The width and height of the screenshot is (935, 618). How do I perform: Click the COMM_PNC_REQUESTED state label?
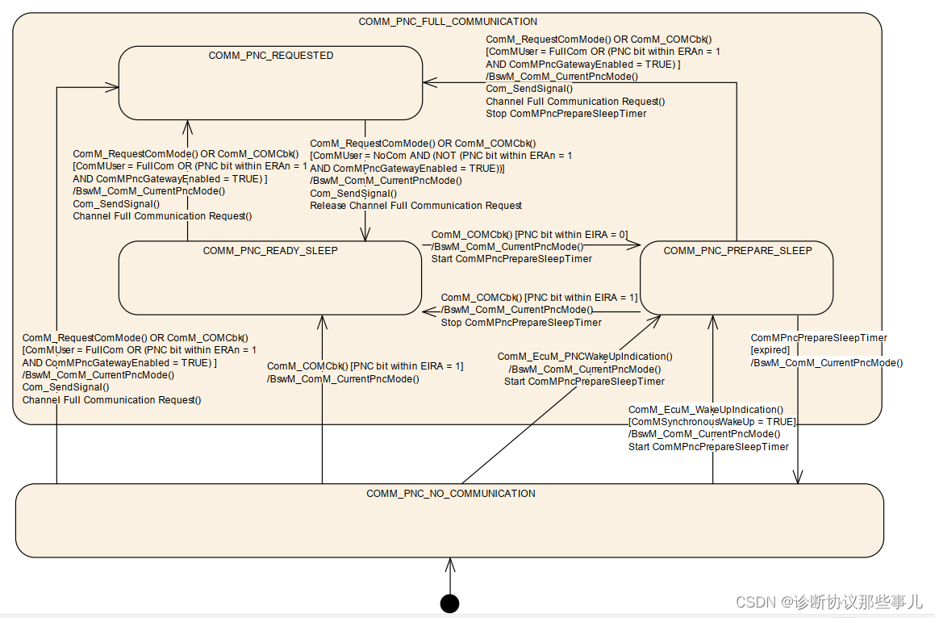271,56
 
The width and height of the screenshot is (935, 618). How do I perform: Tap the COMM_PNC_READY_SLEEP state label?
270,251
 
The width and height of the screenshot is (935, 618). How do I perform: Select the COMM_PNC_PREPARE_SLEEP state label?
737,251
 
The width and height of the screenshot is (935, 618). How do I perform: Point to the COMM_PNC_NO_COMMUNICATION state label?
450,494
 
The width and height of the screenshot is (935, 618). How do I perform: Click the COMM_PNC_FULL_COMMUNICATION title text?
448,22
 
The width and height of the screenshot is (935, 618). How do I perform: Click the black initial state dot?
449,603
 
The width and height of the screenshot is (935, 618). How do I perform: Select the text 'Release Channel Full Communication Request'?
415,206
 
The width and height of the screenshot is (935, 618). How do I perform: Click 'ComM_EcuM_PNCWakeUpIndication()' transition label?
584,357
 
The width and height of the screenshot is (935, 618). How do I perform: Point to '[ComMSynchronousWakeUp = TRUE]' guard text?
712,422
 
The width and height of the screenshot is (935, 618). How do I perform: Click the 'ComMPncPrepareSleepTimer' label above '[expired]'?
818,338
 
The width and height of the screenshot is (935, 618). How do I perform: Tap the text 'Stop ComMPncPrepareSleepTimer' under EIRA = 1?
521,323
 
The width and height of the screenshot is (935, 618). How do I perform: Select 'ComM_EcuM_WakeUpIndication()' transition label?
705,410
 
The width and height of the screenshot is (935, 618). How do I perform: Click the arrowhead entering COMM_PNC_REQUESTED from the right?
428,81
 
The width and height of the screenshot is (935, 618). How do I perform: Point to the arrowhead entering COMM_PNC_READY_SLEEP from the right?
427,311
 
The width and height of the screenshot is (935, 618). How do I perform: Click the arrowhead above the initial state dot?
449,562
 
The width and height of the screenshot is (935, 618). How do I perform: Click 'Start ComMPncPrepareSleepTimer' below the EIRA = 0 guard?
511,259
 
